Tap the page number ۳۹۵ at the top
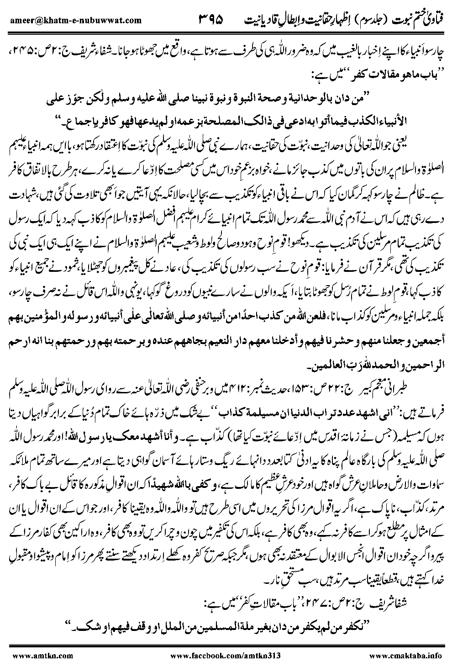[x=212, y=20]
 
